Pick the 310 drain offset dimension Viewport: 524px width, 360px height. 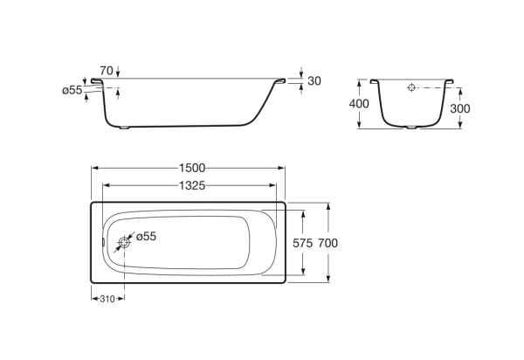pyautogui.click(x=107, y=298)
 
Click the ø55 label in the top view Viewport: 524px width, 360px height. pyautogui.click(x=146, y=236)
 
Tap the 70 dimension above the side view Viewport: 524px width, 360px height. pyautogui.click(x=107, y=69)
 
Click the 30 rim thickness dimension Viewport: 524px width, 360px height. pyautogui.click(x=315, y=81)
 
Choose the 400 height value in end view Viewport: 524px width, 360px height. pyautogui.click(x=359, y=104)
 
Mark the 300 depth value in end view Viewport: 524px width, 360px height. pyautogui.click(x=462, y=107)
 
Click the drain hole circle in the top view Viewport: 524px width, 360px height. pyautogui.click(x=123, y=246)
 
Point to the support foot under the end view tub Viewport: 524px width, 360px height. pyautogui.click(x=412, y=128)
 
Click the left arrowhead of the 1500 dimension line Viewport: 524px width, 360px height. pyautogui.click(x=95, y=169)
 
